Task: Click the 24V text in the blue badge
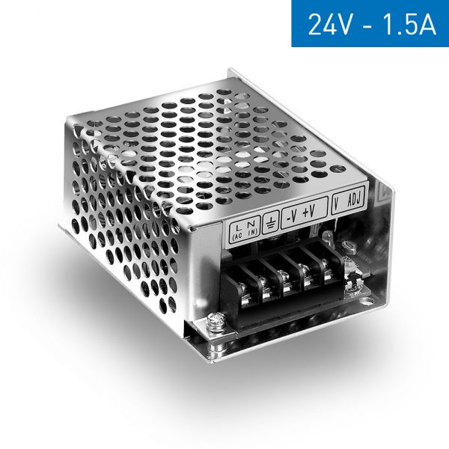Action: click(x=329, y=24)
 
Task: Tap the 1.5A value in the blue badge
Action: click(x=405, y=24)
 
